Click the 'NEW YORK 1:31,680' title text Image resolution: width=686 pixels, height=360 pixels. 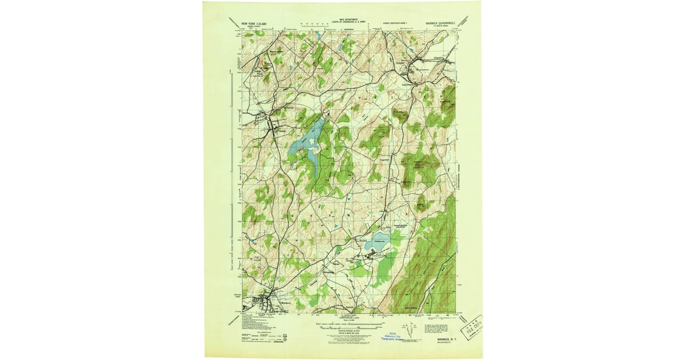255,24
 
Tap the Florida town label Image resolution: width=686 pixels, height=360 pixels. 280,132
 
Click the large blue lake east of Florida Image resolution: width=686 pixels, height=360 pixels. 307,143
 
